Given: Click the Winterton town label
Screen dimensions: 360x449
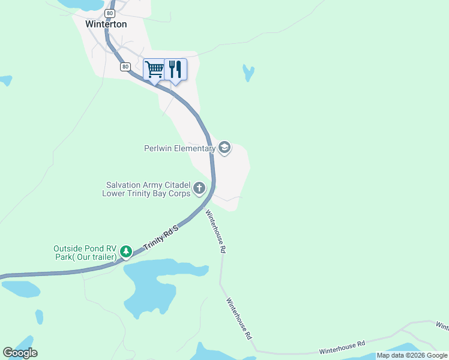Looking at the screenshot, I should point(106,25).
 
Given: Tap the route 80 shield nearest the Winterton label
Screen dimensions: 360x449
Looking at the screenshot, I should point(109,13).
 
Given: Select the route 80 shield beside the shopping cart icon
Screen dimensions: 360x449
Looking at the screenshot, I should point(125,67).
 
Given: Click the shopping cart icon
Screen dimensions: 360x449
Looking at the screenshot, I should point(154,69).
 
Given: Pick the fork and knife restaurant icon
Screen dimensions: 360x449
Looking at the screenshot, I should point(175,69).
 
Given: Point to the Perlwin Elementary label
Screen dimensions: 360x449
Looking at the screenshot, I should point(179,148).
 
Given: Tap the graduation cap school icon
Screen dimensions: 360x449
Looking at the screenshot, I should point(224,148).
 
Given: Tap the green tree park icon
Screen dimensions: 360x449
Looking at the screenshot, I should point(126,251).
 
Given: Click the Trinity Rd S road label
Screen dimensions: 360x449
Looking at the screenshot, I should point(162,237).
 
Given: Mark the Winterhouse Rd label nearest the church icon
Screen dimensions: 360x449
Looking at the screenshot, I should point(215,230).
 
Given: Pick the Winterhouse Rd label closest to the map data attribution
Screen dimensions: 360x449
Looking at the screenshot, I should point(342,347).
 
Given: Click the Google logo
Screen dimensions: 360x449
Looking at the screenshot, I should point(20,353).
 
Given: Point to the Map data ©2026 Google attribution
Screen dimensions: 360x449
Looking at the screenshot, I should point(412,355).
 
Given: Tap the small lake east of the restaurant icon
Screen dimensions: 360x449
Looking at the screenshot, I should point(248,73).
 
